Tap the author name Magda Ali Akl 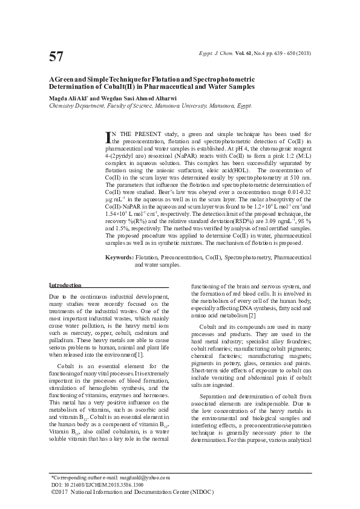68,97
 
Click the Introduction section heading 65,285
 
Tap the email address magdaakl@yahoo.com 144,478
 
